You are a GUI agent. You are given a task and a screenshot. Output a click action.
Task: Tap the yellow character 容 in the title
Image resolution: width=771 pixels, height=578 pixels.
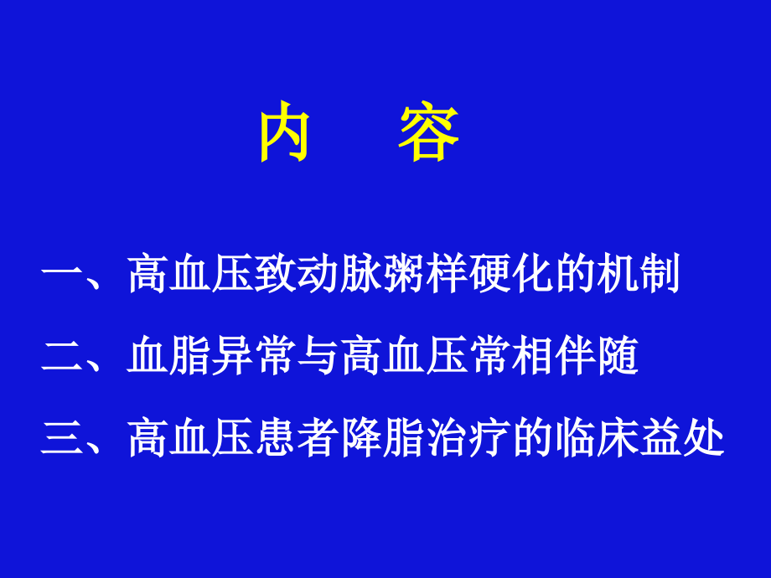[x=428, y=134]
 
